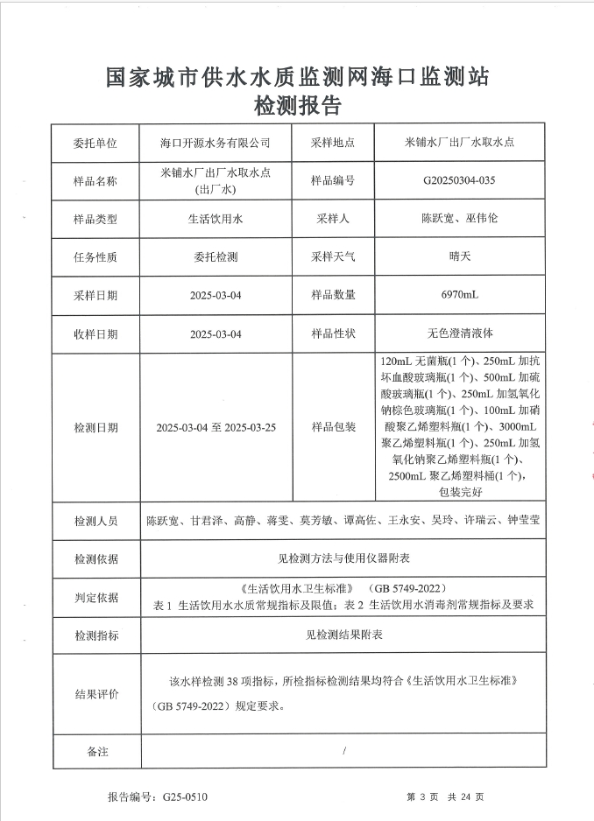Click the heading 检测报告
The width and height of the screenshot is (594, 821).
click(x=297, y=106)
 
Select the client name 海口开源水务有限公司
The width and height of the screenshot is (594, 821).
click(x=216, y=142)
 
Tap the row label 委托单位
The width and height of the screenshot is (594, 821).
click(x=95, y=142)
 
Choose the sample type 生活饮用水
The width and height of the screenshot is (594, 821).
click(x=216, y=219)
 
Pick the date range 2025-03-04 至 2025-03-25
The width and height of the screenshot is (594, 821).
click(x=216, y=428)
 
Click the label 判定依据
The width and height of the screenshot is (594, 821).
click(x=95, y=597)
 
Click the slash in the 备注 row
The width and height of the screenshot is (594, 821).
click(x=345, y=751)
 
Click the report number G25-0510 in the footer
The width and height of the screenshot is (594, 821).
click(x=185, y=797)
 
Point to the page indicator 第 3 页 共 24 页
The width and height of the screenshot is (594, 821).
click(x=446, y=797)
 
